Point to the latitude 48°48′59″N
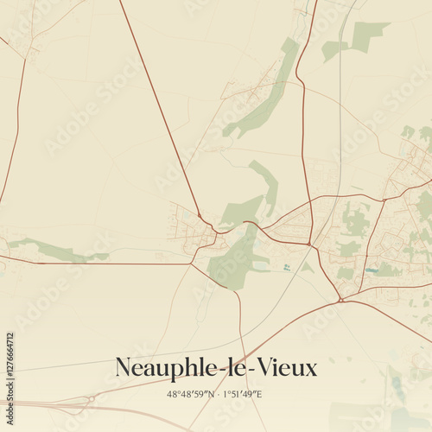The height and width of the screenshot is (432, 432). [194, 394]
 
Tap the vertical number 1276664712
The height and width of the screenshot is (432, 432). [10, 362]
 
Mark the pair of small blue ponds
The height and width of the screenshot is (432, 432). [286, 268]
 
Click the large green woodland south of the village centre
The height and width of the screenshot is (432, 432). [232, 264]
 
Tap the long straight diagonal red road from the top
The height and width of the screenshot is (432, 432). [160, 112]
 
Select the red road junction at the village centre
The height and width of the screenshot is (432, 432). [216, 232]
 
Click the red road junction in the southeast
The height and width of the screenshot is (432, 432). [341, 300]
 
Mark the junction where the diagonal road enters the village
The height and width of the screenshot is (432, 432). [200, 216]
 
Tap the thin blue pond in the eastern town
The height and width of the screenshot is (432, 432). [372, 270]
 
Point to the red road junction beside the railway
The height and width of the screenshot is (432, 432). [309, 244]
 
